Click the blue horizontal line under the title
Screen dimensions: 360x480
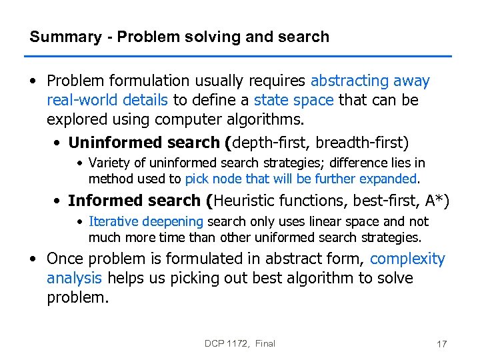(x=240, y=56)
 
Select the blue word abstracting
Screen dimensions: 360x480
(x=350, y=81)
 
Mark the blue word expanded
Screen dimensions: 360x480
(x=387, y=179)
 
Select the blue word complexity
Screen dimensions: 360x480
(x=407, y=259)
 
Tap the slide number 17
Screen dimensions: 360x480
(x=441, y=344)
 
